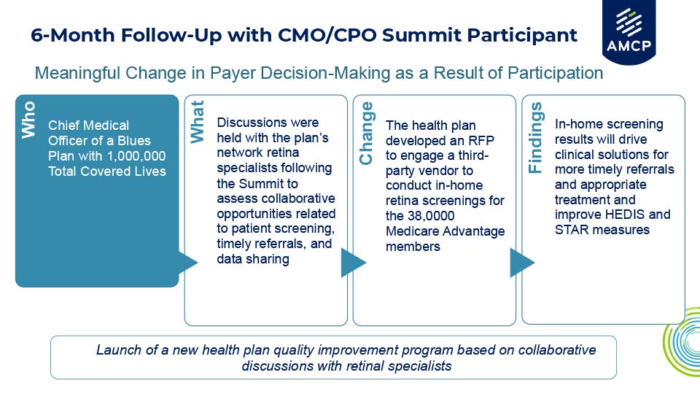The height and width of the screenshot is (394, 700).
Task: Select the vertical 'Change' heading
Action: (367, 134)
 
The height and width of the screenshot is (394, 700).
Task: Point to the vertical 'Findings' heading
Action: (535, 137)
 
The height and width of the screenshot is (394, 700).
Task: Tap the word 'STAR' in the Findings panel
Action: (572, 231)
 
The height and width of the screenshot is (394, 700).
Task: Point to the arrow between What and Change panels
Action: (353, 262)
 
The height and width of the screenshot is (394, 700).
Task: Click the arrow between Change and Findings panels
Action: (521, 262)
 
